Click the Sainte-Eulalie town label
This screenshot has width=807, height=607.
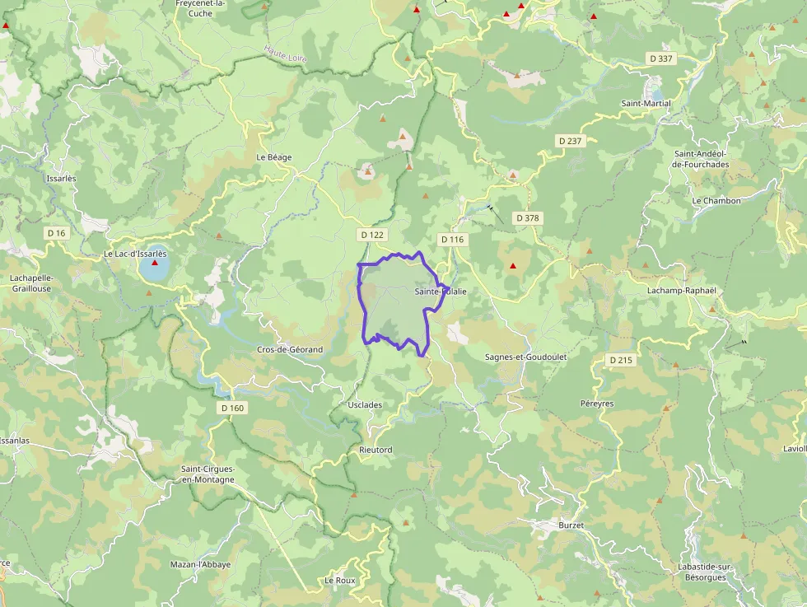[x=441, y=292]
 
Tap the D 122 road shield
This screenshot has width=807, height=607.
[x=372, y=235]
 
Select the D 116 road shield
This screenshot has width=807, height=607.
[x=452, y=239]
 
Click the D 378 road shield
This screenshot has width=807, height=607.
[x=526, y=218]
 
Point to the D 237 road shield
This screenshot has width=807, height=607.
[x=570, y=141]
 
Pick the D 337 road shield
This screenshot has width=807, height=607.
[x=661, y=58]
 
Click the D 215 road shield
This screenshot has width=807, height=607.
[x=621, y=360]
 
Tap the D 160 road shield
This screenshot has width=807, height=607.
[x=233, y=408]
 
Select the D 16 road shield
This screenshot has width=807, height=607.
[x=56, y=233]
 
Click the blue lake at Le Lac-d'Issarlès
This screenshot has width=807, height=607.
[x=154, y=268]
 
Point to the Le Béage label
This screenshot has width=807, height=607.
[x=274, y=157]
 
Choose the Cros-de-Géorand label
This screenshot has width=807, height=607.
[x=290, y=350]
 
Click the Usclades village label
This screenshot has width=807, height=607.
[x=366, y=405]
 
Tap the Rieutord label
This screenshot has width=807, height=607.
[x=376, y=450]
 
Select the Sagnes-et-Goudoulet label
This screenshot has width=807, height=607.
[x=526, y=357]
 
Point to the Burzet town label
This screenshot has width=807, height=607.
[x=571, y=525]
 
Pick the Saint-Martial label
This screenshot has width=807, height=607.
[x=646, y=104]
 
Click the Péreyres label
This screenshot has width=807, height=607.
[x=597, y=404]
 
